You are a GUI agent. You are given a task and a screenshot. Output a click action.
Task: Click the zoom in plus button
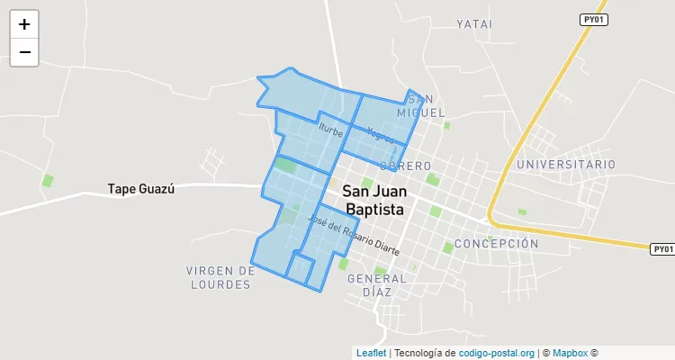[24, 24]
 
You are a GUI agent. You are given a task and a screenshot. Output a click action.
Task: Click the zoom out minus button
[24, 52]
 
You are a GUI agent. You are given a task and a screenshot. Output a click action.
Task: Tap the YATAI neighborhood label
[474, 24]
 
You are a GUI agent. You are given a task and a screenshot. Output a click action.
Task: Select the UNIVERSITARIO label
[566, 165]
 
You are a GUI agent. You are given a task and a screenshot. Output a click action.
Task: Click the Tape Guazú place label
[140, 189]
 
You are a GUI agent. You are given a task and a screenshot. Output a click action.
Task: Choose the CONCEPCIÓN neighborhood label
[496, 244]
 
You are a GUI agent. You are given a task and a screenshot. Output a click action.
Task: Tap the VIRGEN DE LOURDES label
[220, 277]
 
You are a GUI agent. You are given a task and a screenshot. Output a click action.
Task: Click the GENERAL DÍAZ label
[377, 284]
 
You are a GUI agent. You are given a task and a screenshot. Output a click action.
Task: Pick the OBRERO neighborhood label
[406, 166]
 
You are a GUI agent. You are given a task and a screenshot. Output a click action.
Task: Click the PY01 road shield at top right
[592, 19]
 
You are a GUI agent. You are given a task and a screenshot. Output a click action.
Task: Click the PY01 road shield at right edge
[662, 248]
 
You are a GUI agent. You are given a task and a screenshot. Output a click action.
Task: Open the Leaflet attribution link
[371, 354]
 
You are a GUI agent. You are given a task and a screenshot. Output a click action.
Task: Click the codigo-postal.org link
[497, 354]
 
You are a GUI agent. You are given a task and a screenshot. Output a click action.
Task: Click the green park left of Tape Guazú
[48, 181]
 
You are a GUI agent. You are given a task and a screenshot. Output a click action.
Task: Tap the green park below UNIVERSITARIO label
[522, 212]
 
